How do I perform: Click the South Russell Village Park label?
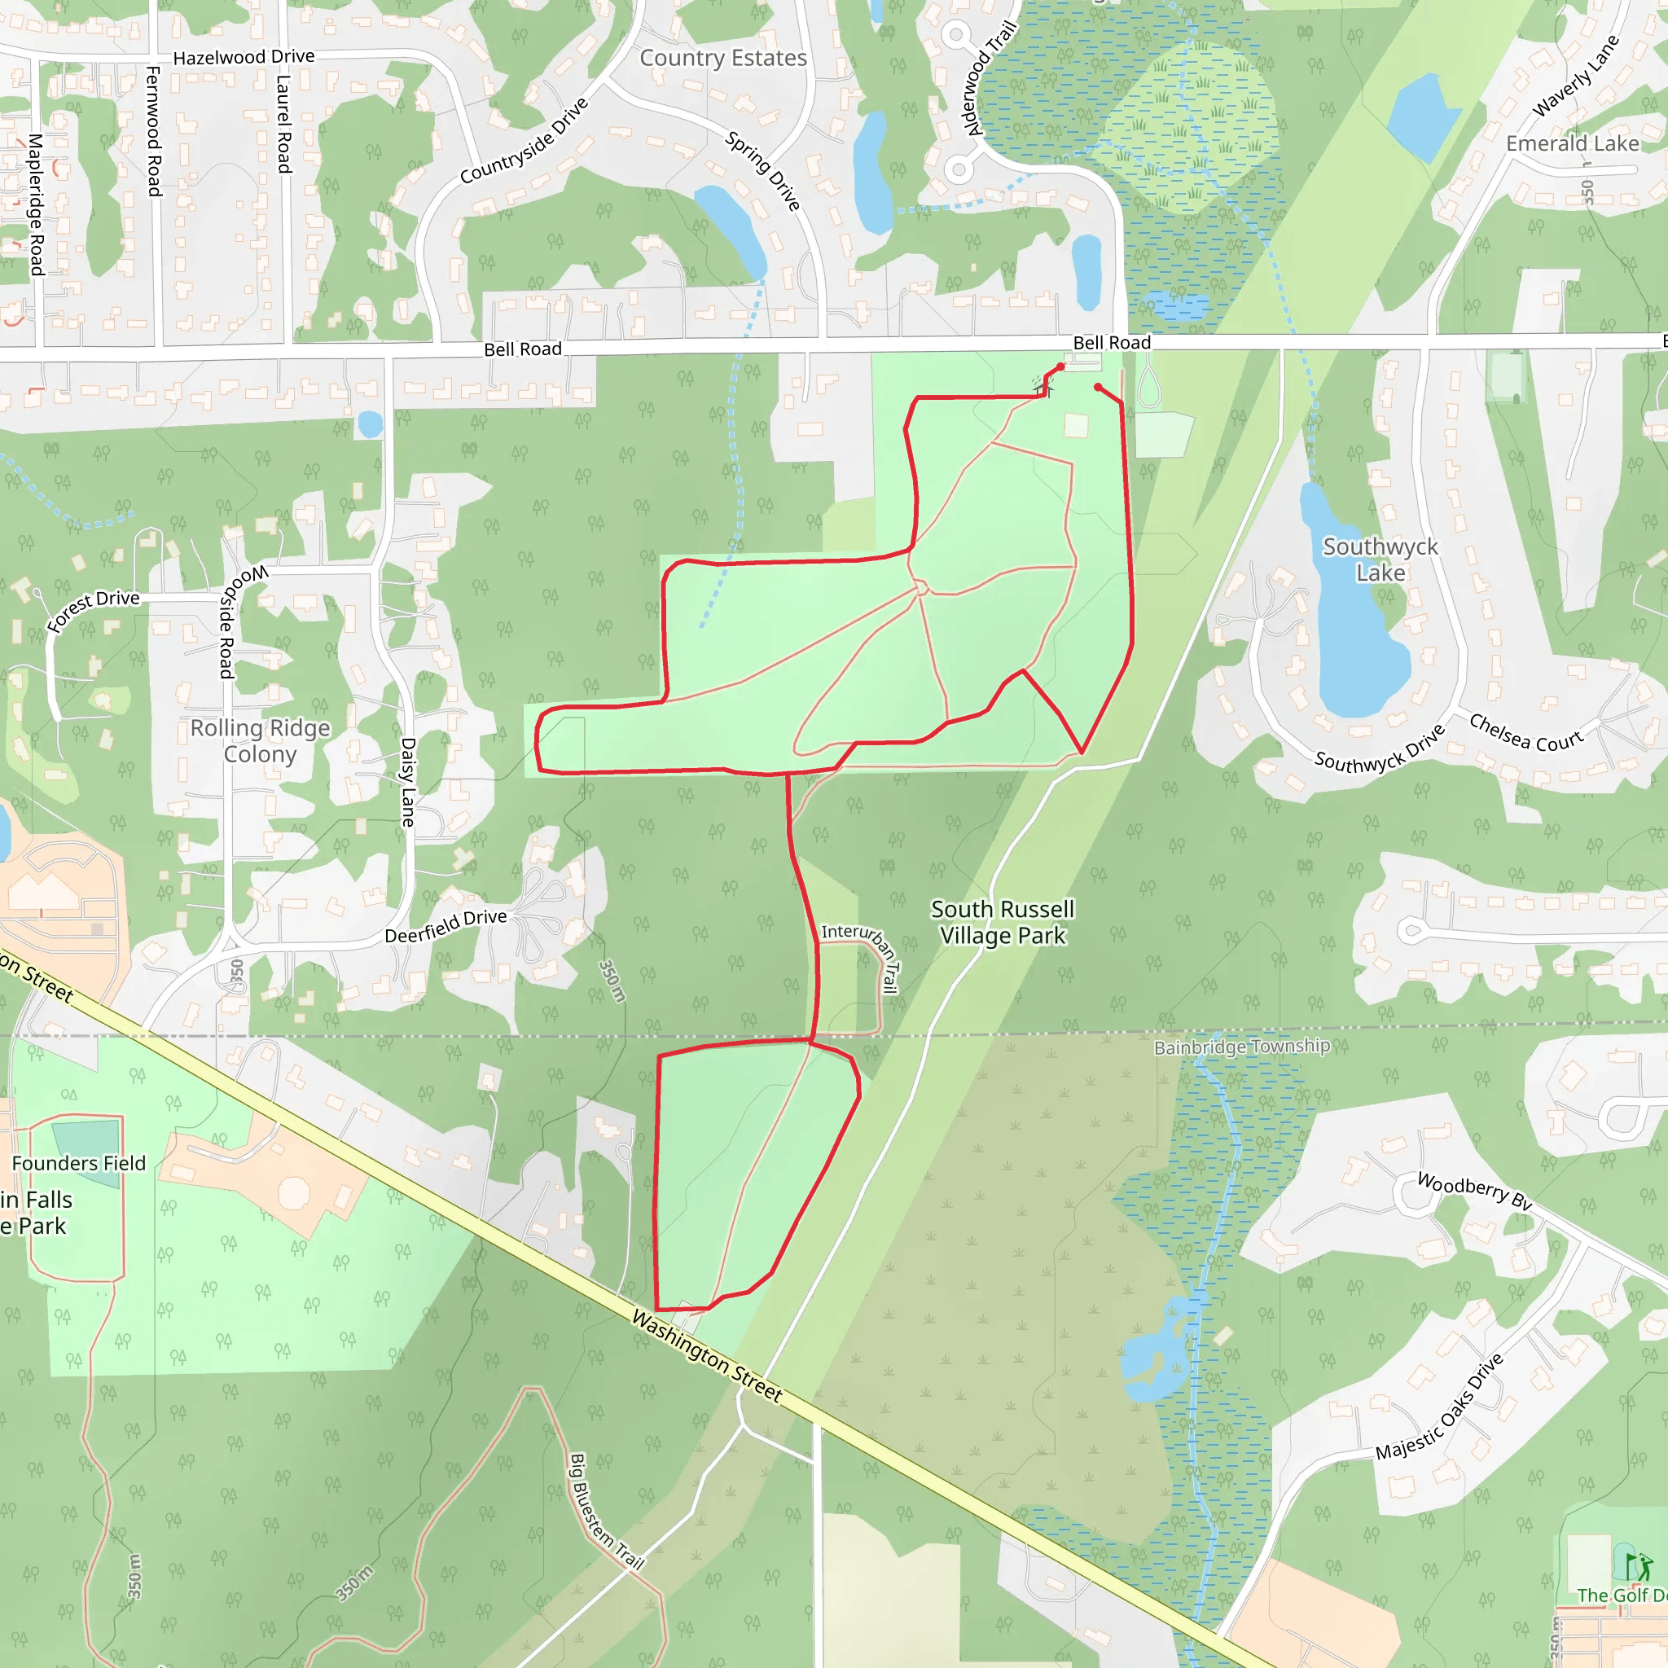[x=1003, y=922]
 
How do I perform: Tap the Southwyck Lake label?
[x=1380, y=560]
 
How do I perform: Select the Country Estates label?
[x=722, y=58]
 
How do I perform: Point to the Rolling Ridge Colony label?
[x=260, y=741]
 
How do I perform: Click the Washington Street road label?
[x=707, y=1356]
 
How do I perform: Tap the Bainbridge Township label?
[x=1241, y=1047]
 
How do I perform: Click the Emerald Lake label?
[x=1572, y=143]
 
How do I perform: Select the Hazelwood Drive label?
[x=244, y=57]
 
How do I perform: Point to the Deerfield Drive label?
[x=446, y=925]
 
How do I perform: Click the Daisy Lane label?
[x=408, y=782]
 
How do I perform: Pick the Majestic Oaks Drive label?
[x=1439, y=1407]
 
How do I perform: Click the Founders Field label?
[x=78, y=1163]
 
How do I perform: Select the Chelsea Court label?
[x=1526, y=732]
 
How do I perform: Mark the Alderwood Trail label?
[x=991, y=77]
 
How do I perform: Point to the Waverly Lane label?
[x=1575, y=76]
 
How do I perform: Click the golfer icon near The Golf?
[x=1638, y=1566]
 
